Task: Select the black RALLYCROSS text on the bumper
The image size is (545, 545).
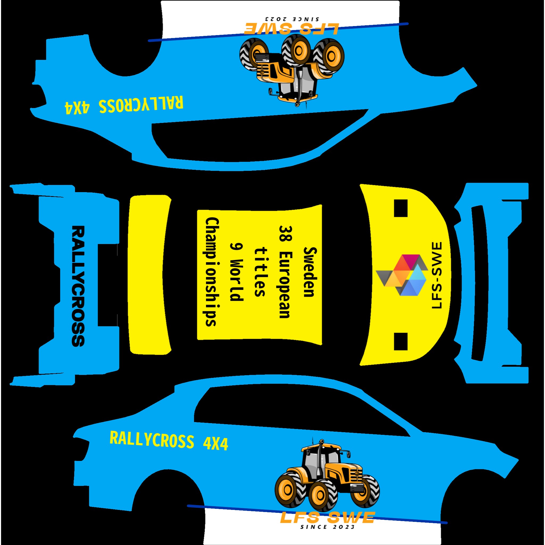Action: [78, 286]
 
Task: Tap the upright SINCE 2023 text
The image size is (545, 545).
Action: [327, 527]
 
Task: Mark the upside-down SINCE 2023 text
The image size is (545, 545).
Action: [292, 19]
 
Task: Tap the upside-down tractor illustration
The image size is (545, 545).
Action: [292, 71]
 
